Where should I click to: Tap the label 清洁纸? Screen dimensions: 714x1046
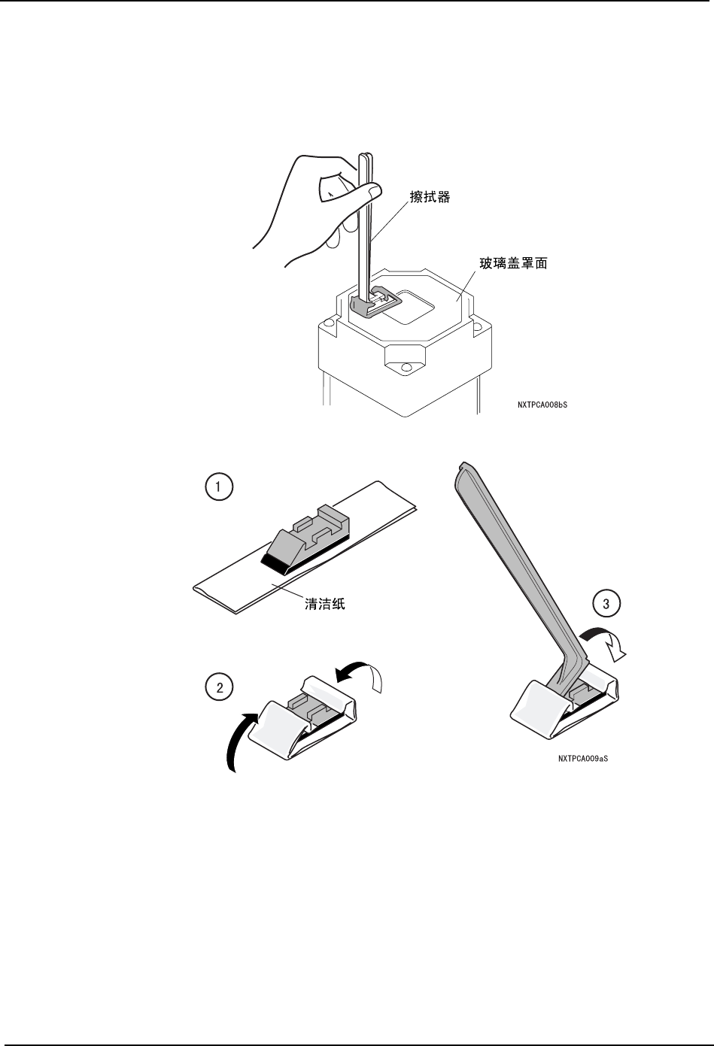pos(324,603)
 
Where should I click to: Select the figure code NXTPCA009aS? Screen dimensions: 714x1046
pos(583,759)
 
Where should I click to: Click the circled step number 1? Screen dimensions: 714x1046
pos(218,487)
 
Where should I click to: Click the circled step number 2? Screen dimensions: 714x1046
pos(219,687)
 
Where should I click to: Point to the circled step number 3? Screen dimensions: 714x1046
pos(606,602)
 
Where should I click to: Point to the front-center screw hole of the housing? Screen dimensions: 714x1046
pos(406,368)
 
